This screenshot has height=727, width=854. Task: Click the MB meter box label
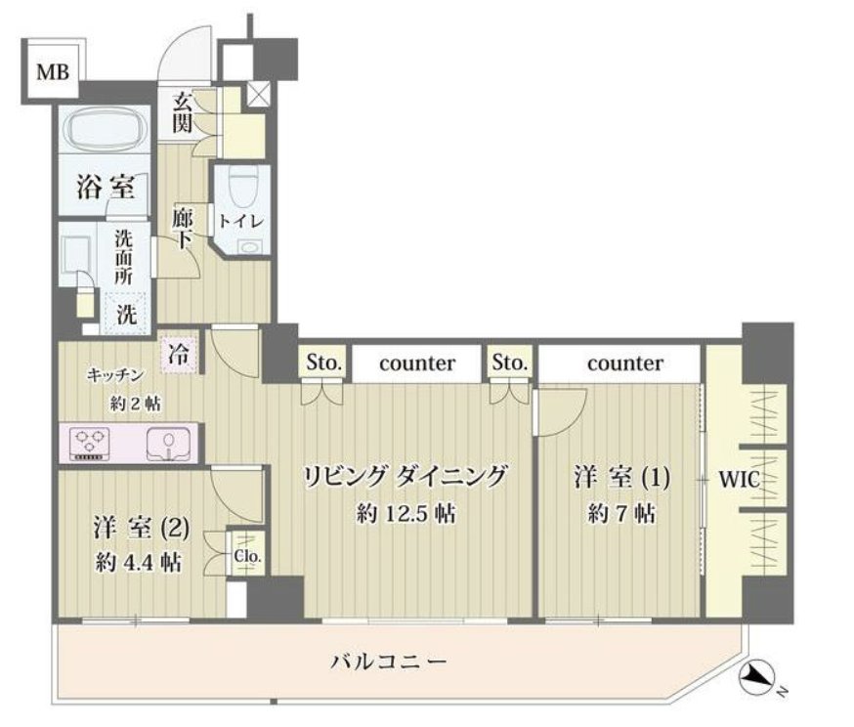[x=53, y=72]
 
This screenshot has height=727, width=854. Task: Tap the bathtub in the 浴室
[x=105, y=129]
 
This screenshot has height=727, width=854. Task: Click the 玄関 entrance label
[x=183, y=112]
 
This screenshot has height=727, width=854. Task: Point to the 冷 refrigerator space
[x=179, y=354]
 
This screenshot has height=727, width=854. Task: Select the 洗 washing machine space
[x=126, y=314]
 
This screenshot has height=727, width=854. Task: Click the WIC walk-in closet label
[x=739, y=480]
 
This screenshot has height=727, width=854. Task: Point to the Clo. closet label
[x=248, y=557]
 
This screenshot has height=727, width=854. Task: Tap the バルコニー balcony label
[x=389, y=662]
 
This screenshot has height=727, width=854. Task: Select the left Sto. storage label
[x=324, y=363]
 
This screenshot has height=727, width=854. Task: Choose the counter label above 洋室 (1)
[x=625, y=363]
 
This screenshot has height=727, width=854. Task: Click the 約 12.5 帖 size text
[x=406, y=513]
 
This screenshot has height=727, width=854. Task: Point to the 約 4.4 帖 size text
[x=139, y=562]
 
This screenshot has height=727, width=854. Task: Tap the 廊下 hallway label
[x=182, y=229]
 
